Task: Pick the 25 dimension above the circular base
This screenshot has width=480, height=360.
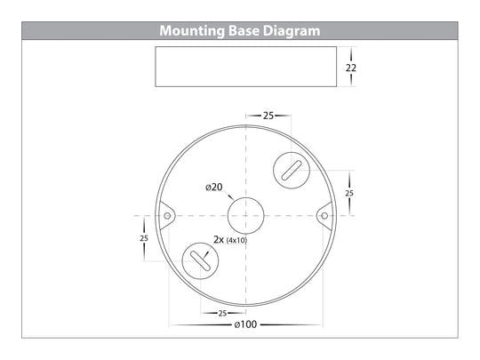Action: click(267, 116)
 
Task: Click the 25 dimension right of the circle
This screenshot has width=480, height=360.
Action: click(349, 193)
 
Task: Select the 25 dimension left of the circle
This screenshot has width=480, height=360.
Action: click(143, 238)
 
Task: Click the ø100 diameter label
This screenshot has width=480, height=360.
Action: click(245, 325)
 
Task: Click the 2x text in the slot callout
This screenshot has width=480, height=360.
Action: click(219, 240)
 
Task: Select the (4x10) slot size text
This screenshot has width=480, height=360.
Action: click(237, 241)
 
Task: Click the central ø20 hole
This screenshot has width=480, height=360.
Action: click(244, 215)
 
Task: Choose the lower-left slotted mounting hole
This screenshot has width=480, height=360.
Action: click(200, 261)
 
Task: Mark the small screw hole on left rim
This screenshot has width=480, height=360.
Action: click(165, 214)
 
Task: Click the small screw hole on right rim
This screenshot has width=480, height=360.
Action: click(324, 215)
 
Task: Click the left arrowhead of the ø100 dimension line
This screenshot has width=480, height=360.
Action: click(169, 325)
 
